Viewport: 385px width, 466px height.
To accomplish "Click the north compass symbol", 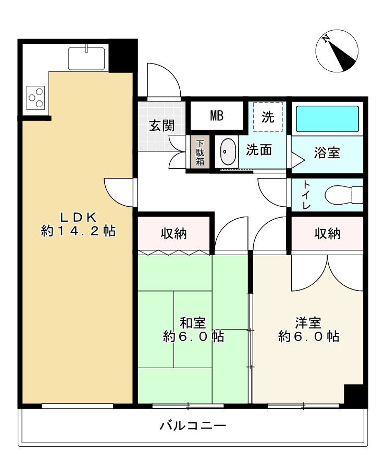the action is pos(337,51).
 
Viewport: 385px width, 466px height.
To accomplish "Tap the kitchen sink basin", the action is pos(86,58).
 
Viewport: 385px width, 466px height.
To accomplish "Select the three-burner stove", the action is pos(35,97).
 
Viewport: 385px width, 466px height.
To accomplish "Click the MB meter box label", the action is pos(217,116).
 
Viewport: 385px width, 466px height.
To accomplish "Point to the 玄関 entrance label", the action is pos(162,125).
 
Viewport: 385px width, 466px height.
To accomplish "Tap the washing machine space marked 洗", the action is pos(268,117).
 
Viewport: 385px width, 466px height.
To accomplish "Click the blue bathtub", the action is pos(327,119).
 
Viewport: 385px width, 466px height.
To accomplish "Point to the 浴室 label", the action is pos(327,153).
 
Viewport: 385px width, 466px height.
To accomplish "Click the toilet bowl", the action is pos(344,195).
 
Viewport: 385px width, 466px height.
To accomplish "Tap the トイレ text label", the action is pos(306,195).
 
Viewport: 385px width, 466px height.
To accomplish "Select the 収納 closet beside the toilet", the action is pos(327,234).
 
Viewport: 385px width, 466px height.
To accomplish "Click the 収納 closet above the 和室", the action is pos(174,234).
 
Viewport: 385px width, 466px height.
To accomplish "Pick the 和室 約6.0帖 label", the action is pos(193,330).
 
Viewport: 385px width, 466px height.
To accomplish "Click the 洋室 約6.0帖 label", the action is pos(308,330).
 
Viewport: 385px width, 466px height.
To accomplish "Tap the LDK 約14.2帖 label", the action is pos(78,224).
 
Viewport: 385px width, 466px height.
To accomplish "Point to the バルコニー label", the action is pos(193,425).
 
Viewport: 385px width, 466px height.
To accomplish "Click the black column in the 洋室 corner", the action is pos(354,394).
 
